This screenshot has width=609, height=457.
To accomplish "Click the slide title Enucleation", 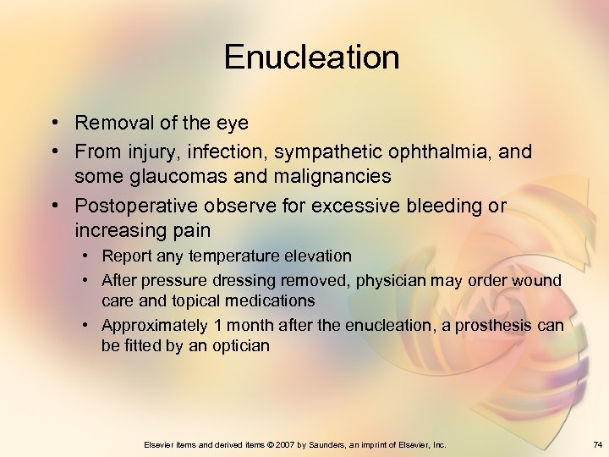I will point(311,58).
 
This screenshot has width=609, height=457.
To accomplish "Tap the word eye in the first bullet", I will point(232,124).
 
